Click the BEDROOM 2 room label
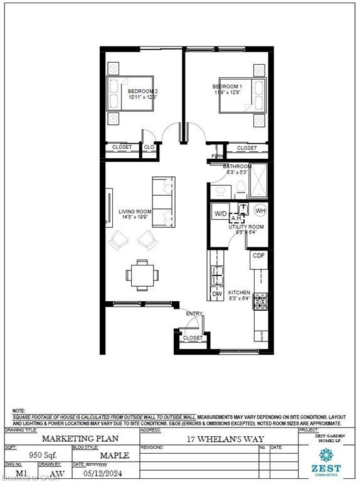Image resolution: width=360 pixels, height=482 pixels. pos(142,92)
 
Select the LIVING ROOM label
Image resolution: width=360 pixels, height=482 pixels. pos(135,212)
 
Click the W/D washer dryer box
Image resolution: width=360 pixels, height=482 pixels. pos(221,213)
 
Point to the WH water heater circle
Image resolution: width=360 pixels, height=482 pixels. pos(260,211)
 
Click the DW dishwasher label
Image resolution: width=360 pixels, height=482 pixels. pos(217,293)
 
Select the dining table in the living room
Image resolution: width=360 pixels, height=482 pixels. pos(142,274)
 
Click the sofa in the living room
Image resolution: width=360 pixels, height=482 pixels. pos(164,202)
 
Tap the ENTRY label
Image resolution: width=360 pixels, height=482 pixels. pos(194,313)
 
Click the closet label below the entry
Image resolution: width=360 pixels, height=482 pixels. pos(193,338)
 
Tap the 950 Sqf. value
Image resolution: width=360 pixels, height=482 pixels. pos(38,454)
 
